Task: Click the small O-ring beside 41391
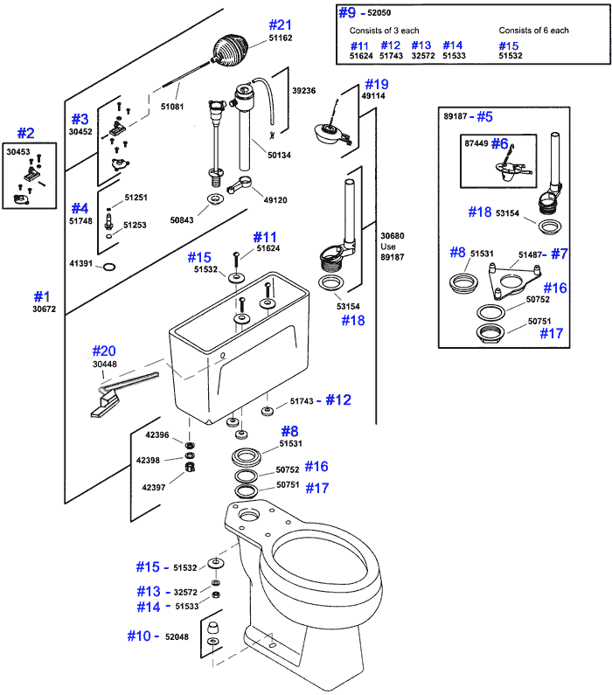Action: click(108, 266)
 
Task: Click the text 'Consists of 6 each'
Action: click(533, 31)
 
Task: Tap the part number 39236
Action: click(303, 90)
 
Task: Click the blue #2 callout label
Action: click(26, 134)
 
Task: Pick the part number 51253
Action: click(136, 226)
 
